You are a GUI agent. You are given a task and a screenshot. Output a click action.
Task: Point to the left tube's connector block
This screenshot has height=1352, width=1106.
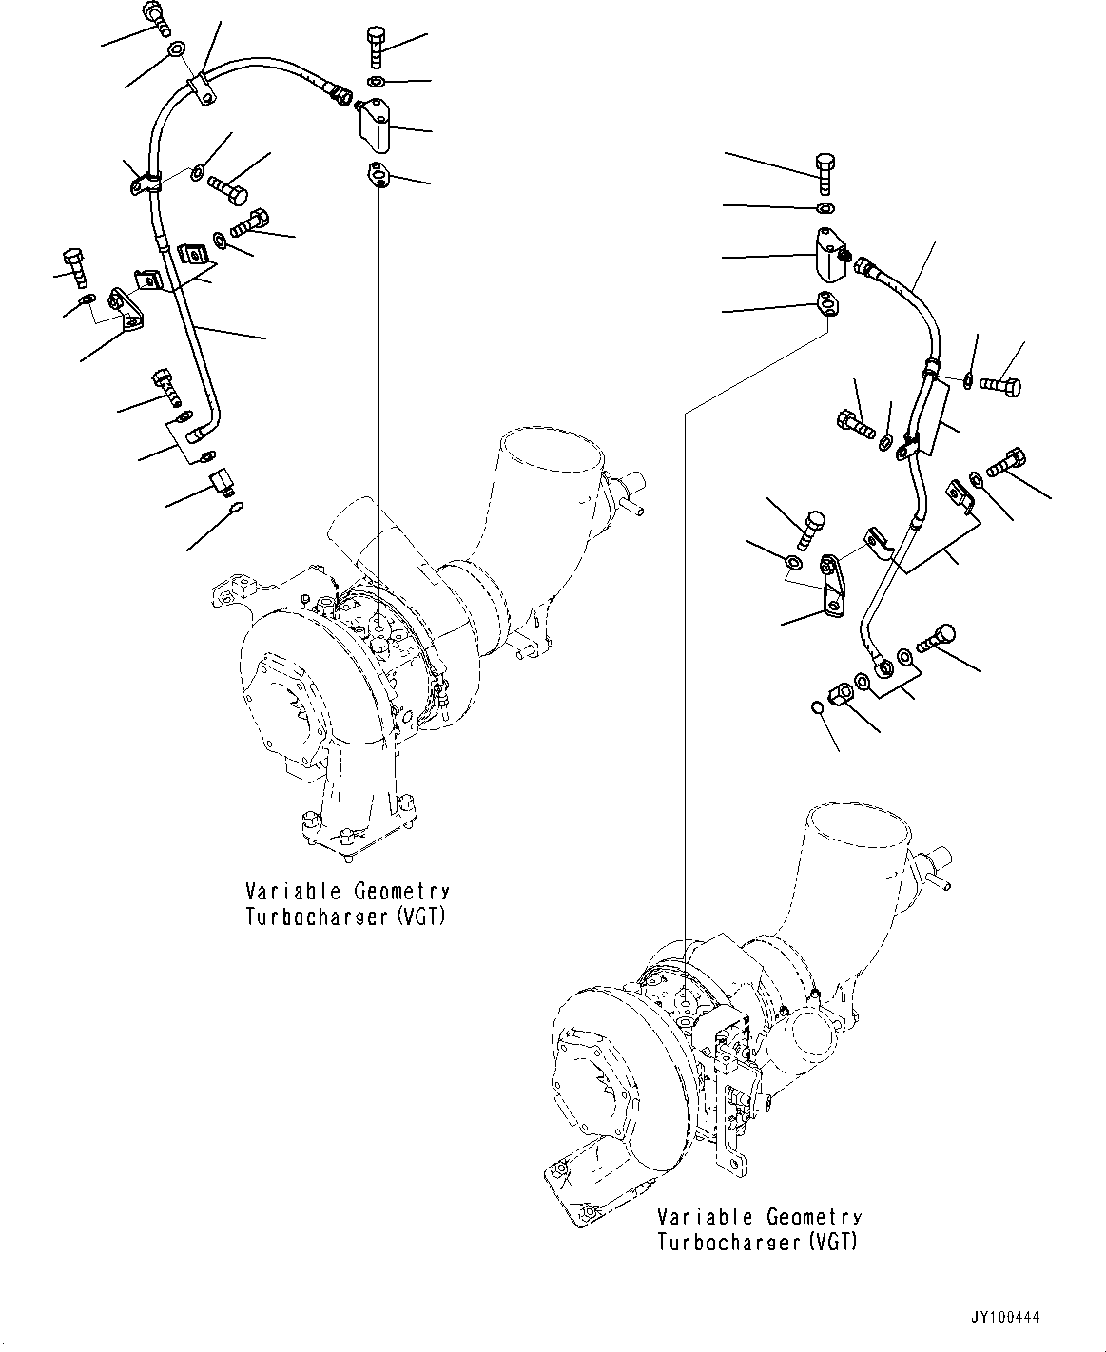376,127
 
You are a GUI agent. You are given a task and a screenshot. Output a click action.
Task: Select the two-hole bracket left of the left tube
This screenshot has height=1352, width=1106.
124,310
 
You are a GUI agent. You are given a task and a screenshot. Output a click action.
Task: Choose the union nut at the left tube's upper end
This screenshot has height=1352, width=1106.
339,92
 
